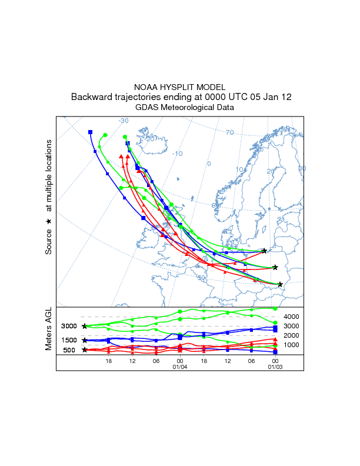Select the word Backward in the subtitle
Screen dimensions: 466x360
click(92, 97)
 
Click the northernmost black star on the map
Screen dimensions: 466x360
click(264, 251)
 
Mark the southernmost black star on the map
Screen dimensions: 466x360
click(280, 285)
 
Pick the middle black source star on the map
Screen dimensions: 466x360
click(275, 267)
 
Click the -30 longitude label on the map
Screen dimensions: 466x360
click(124, 121)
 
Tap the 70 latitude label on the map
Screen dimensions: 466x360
click(230, 132)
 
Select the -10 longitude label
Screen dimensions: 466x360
click(177, 154)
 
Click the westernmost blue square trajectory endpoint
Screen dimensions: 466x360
click(90, 132)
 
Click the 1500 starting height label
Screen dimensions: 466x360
click(69, 340)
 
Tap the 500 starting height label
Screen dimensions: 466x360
click(69, 350)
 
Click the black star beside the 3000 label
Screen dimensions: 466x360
click(85, 326)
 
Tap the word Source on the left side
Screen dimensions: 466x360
click(49, 241)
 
